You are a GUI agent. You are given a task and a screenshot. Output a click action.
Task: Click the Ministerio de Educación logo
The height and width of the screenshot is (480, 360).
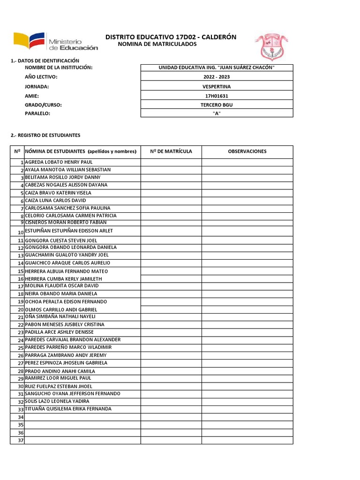56,41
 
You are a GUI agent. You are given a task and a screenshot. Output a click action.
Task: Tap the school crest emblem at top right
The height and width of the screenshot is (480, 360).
269,46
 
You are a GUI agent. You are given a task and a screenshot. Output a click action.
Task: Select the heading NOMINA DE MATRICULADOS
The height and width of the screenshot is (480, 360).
157,44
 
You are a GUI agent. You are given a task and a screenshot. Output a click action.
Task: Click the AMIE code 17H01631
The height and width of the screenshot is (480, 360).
217,96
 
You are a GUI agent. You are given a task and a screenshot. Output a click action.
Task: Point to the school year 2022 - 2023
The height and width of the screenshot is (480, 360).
217,77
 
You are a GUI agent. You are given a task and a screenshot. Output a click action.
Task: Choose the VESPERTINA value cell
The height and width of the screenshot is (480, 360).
217,87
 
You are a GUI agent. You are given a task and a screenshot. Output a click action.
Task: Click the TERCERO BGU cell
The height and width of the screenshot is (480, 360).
217,105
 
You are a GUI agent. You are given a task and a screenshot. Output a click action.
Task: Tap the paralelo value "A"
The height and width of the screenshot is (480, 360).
217,113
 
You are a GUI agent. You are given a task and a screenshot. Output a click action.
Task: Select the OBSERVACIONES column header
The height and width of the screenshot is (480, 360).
247,151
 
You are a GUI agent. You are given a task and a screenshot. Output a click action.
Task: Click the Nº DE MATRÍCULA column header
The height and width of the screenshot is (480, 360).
171,151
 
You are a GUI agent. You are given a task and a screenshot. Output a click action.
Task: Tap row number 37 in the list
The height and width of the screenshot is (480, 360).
20,440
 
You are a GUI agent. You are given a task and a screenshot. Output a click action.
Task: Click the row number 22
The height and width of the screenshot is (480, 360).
21,325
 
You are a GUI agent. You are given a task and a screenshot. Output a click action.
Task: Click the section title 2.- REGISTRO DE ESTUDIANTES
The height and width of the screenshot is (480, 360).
45,135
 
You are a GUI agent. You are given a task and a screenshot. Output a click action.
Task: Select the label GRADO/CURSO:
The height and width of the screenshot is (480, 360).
43,105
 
